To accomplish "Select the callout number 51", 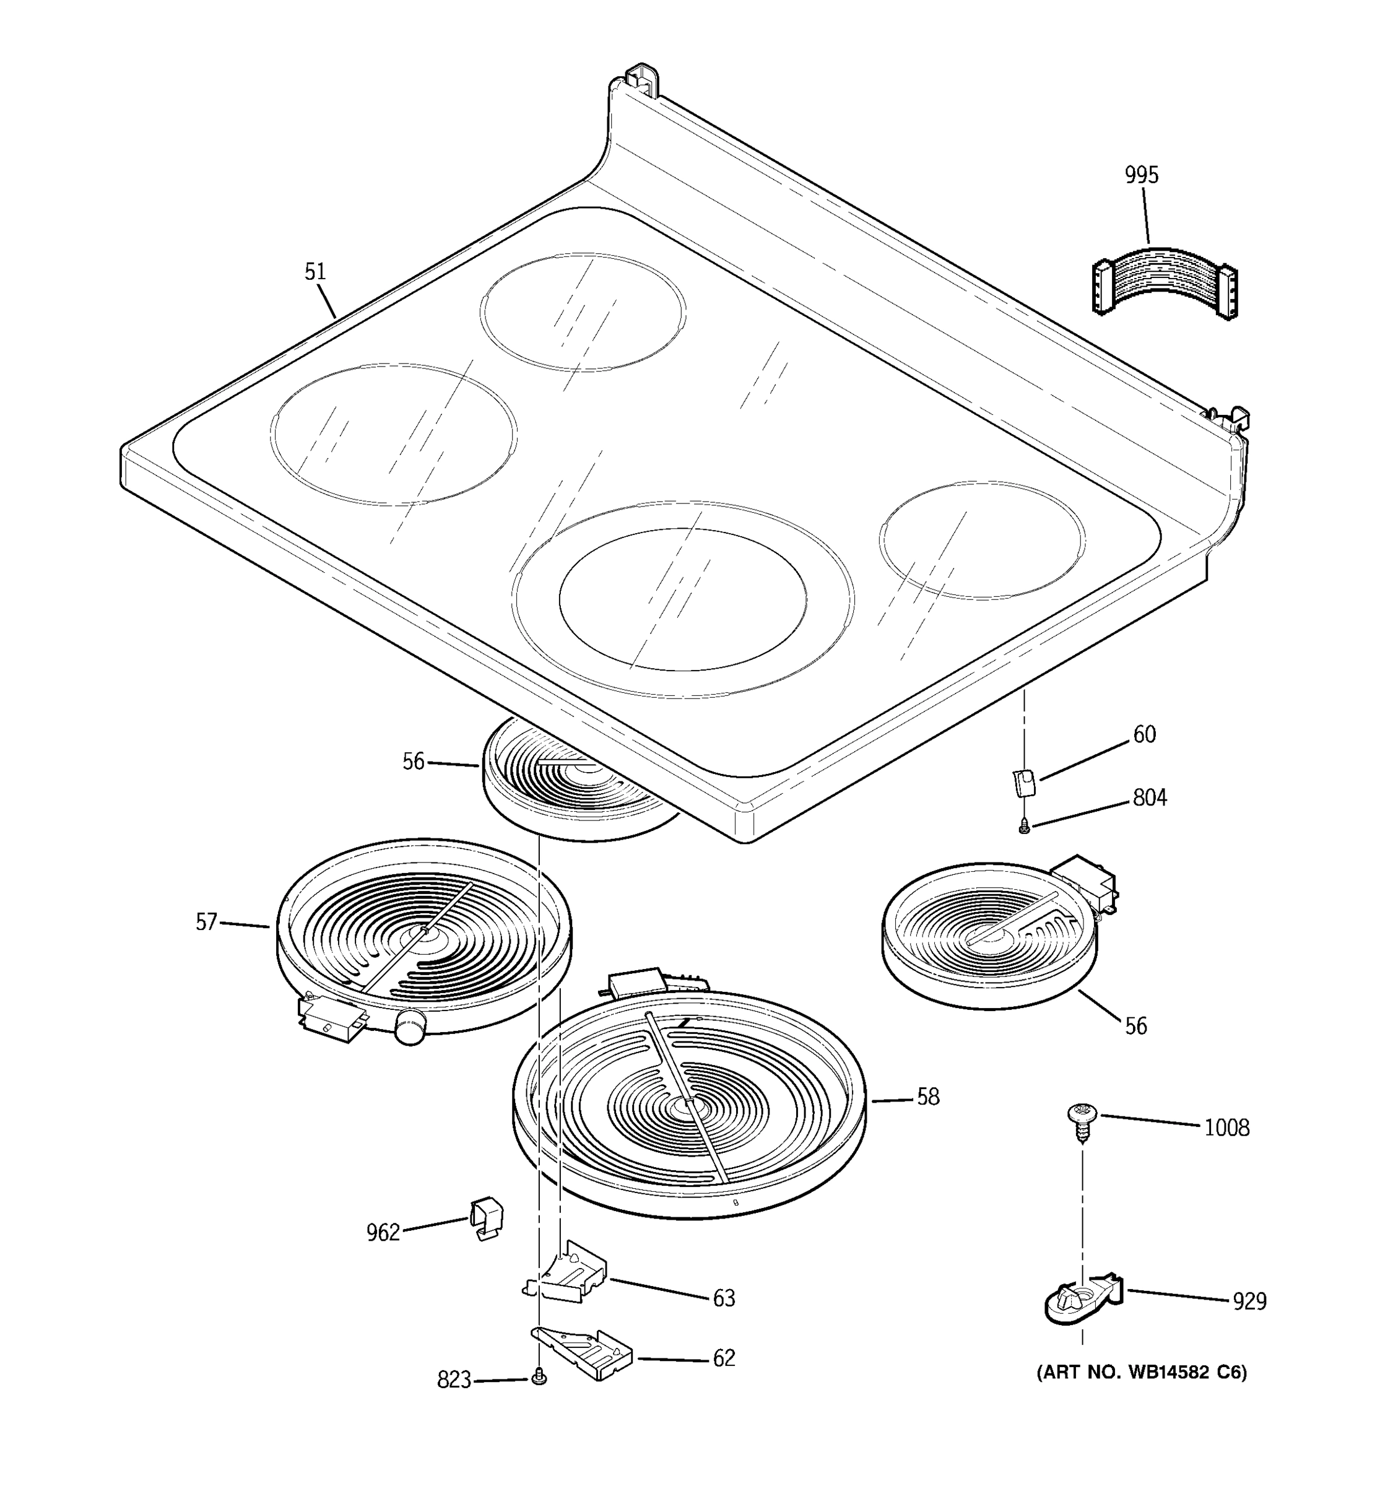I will tap(315, 271).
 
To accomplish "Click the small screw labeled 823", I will tap(538, 1378).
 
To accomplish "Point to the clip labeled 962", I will tap(486, 1219).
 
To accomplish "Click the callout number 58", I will tap(928, 1097).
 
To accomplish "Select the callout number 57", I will tap(206, 923).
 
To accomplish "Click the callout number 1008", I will tap(1226, 1128).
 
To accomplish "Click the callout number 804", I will tap(1149, 798).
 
